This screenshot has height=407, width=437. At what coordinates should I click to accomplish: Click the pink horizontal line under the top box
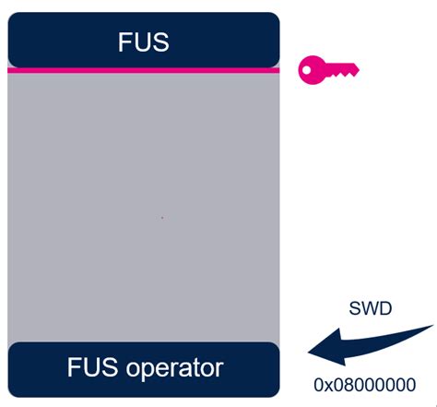tap(143, 69)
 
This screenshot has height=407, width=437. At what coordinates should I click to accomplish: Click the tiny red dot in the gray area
tap(162, 218)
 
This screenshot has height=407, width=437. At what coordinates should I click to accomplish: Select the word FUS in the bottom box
tap(91, 368)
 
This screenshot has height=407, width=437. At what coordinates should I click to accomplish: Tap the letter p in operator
tap(143, 371)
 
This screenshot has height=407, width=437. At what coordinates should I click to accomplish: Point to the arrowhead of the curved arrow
tap(318, 351)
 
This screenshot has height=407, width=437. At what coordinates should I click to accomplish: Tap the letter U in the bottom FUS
tap(91, 368)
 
